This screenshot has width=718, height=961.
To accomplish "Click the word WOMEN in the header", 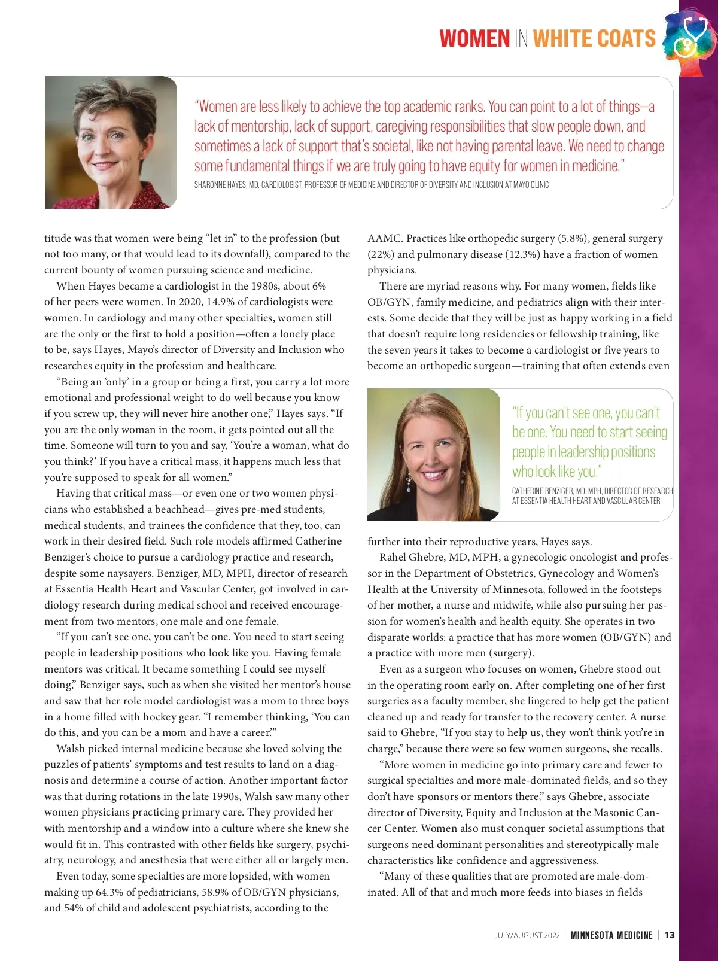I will [x=474, y=39].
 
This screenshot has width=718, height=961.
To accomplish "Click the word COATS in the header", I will [x=626, y=39].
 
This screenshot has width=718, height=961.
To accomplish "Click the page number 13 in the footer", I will [x=669, y=935].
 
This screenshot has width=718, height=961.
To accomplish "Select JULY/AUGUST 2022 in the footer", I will [x=527, y=935].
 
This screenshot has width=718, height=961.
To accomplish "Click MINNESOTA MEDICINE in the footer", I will [x=611, y=935].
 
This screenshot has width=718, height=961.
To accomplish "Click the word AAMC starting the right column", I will [x=384, y=238].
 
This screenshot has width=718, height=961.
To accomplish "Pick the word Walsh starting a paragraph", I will [x=71, y=749].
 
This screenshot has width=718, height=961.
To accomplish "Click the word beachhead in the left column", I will [x=178, y=510].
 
